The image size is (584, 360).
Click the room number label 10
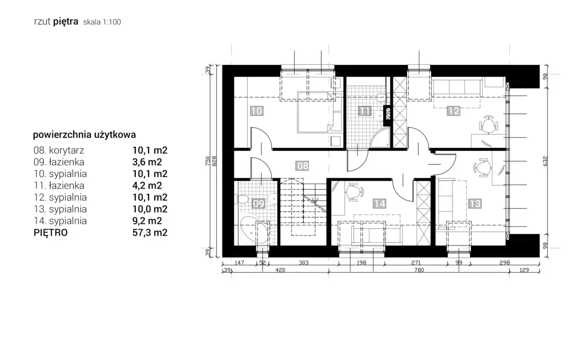coord(257,111)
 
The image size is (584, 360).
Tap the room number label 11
coord(364,111)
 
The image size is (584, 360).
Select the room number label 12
coord(454,111)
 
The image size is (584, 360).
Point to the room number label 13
coord(475,203)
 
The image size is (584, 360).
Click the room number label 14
coord(380,203)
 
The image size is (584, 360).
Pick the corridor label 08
coord(302,166)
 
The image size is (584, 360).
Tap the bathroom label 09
coord(259,203)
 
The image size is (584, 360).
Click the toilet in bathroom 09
coord(242,199)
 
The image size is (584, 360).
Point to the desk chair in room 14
coord(355,192)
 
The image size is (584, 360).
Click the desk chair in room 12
coord(489,125)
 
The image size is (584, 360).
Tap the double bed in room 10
coord(315,112)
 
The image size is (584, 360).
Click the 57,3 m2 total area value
coord(150,233)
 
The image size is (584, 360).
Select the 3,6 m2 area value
coord(147,162)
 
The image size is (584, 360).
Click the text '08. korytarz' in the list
coord(59,150)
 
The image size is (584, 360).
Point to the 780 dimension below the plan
coord(419,270)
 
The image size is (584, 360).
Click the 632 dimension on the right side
coord(545,161)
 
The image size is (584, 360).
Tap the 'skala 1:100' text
coord(102,22)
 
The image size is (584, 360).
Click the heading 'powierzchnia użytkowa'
coord(84,135)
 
